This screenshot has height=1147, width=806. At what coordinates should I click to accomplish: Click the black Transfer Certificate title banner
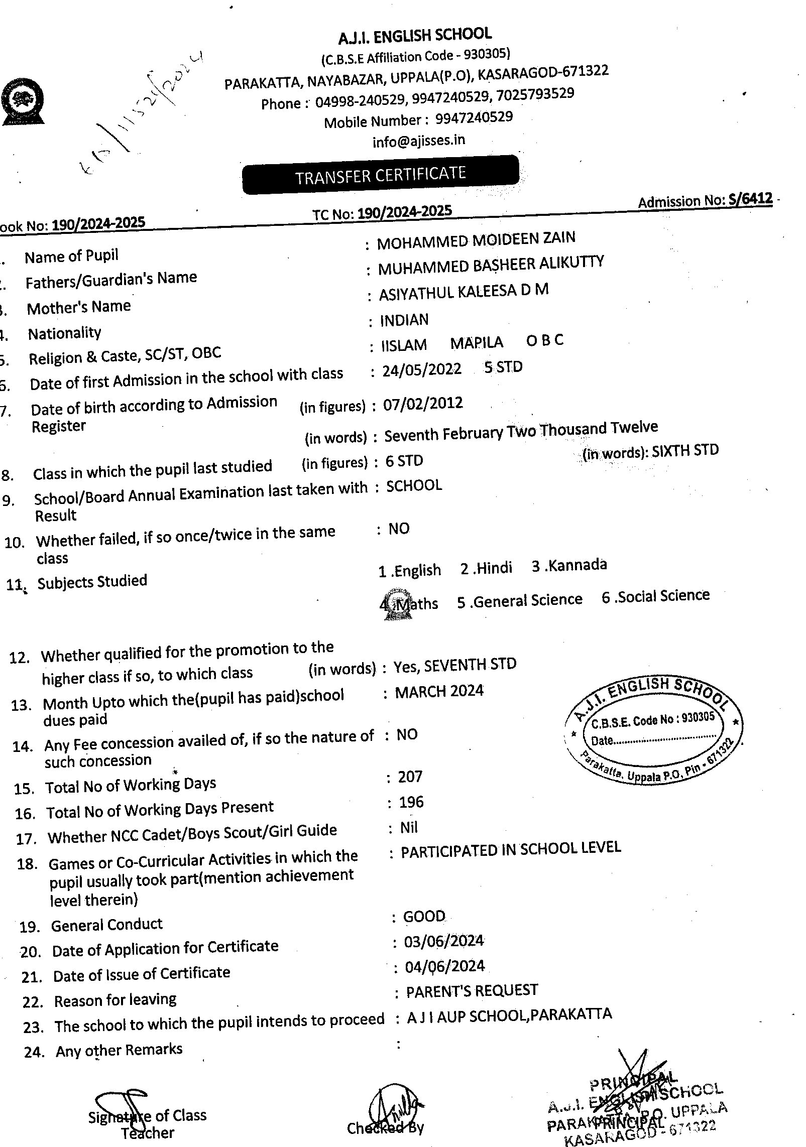click(380, 175)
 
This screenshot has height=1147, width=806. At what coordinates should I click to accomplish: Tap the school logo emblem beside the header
click(23, 101)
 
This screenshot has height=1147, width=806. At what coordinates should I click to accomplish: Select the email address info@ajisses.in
click(418, 141)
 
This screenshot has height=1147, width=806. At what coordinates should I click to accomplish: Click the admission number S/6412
click(750, 199)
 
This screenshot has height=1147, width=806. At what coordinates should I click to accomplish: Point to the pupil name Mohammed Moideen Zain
click(476, 239)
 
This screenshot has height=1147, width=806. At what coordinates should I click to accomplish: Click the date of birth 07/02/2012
click(423, 404)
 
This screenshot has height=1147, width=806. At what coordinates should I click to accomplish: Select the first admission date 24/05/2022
click(421, 369)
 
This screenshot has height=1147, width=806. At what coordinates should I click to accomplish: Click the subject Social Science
click(663, 596)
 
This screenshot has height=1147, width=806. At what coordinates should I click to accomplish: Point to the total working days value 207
click(410, 777)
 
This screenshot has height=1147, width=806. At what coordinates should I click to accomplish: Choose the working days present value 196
click(411, 802)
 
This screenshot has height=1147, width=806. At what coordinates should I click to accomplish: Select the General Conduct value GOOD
click(424, 916)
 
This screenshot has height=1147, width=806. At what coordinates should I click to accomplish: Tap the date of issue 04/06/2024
click(444, 966)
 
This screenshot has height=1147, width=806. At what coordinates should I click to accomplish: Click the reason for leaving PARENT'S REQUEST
click(472, 991)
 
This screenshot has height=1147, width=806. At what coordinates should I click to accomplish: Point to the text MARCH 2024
click(439, 691)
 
